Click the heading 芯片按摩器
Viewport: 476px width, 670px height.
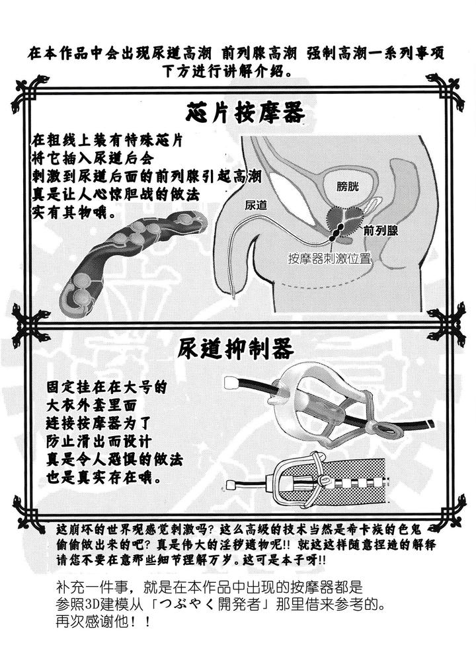tap(245, 112)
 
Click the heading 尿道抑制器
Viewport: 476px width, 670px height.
tap(235, 349)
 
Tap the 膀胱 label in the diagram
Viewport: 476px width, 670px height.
tap(348, 186)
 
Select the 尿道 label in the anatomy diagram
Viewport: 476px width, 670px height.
tap(256, 205)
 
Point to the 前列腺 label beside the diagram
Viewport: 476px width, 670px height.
tap(381, 231)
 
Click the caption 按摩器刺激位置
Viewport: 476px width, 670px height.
tap(329, 258)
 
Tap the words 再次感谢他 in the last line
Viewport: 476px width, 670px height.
tap(92, 621)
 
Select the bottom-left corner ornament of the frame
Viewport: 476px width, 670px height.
tap(29, 512)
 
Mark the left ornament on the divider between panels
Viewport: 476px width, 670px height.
tap(30, 322)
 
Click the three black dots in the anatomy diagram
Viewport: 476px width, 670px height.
tap(338, 231)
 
